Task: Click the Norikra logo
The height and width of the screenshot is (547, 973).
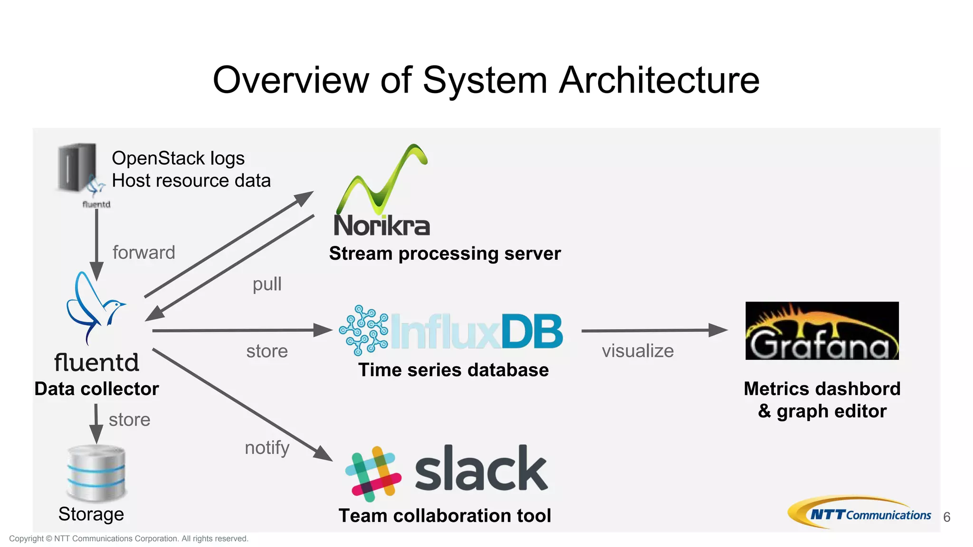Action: click(382, 192)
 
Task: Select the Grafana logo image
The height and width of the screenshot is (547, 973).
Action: click(821, 330)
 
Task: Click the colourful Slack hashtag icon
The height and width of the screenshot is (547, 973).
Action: click(373, 473)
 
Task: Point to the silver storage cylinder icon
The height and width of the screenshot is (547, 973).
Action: click(96, 473)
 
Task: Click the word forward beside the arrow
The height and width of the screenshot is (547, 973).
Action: click(143, 253)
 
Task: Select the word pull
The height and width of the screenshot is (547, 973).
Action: click(267, 284)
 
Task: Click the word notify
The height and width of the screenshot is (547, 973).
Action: click(267, 448)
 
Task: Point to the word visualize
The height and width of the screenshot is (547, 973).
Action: click(638, 351)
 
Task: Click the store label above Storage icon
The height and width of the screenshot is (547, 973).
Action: click(129, 420)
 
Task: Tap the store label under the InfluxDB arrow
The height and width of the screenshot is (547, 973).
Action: click(267, 351)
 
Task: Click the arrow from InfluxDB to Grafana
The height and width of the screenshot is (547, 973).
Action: click(654, 330)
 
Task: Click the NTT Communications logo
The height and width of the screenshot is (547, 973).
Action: click(859, 513)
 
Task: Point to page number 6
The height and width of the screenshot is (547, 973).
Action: click(946, 517)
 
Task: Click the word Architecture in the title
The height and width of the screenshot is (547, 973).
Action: click(659, 80)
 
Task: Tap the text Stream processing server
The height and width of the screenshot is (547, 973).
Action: click(445, 254)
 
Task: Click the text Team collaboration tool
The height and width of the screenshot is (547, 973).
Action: click(445, 516)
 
